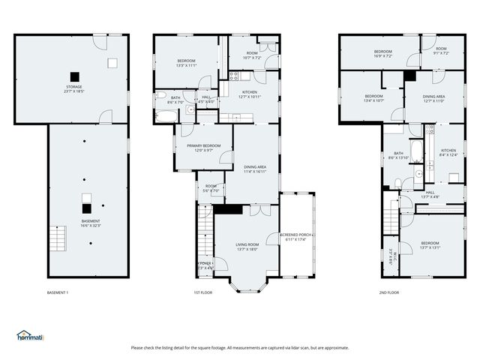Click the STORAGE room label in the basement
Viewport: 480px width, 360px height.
point(73,89)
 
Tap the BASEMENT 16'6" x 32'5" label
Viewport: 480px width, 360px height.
point(91,223)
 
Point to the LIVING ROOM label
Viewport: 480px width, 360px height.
point(247,247)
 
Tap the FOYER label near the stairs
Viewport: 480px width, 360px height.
point(205,265)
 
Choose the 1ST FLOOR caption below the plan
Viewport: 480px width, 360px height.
point(202,292)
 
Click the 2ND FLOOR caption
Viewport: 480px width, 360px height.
point(388,292)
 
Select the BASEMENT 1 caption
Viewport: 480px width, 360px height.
point(58,292)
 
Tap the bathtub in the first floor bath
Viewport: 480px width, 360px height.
point(166,115)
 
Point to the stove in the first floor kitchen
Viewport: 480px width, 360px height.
point(234,76)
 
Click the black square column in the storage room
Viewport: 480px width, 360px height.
point(73,76)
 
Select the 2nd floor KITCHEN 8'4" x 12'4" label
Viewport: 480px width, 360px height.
point(448,152)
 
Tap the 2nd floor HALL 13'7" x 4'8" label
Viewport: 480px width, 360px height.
point(430,193)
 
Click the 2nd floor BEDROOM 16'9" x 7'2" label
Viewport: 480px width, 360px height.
point(383,52)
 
